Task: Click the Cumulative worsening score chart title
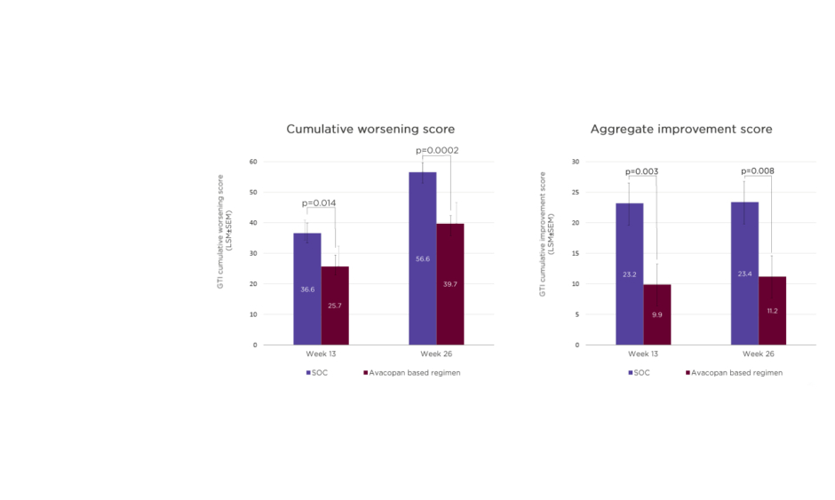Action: click(370, 130)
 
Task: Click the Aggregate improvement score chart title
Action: click(681, 130)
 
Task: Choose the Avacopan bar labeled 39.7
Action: click(450, 284)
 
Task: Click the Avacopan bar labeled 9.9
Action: click(657, 314)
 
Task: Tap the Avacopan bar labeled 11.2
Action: click(772, 311)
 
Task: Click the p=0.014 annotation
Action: click(321, 203)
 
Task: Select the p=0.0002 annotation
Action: click(436, 151)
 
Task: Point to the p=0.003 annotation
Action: click(641, 171)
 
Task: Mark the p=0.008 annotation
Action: click(757, 171)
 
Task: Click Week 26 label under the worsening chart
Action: click(436, 355)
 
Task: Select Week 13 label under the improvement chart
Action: click(643, 355)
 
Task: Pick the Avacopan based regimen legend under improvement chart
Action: click(735, 373)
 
